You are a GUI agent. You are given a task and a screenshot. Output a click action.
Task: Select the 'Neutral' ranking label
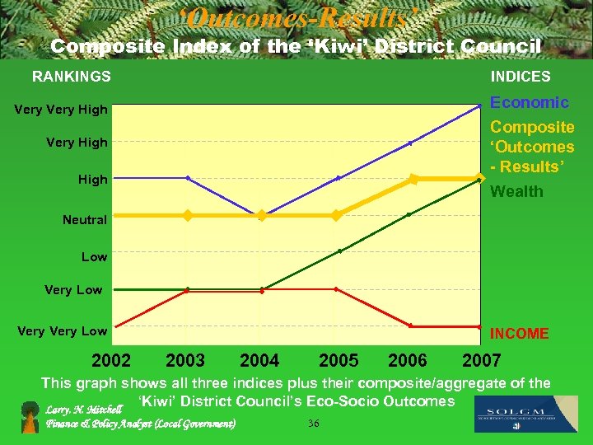point(85,220)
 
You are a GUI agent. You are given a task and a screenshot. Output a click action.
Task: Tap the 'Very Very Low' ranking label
point(62,331)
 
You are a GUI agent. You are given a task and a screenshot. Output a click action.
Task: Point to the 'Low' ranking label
point(94,257)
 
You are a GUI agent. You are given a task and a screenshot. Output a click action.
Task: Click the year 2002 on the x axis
point(111,360)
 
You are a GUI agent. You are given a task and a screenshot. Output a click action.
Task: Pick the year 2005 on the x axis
point(339,360)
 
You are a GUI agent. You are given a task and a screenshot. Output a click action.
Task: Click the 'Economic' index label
point(530,102)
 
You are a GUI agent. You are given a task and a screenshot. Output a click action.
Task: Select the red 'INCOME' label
point(519,334)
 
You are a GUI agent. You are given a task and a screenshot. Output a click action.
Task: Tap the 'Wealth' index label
point(516,192)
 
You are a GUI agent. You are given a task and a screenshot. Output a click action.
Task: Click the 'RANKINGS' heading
point(71,77)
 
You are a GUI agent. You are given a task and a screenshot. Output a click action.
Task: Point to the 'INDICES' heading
point(521,77)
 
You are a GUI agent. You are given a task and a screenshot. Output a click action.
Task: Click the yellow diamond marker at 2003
point(188,215)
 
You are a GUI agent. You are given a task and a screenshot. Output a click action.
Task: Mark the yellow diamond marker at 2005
point(336,215)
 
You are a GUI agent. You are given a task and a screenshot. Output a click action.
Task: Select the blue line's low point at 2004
point(262,215)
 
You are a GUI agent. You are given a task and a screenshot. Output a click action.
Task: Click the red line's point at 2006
point(410,326)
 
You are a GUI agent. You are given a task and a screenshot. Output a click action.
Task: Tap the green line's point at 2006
point(409,214)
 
